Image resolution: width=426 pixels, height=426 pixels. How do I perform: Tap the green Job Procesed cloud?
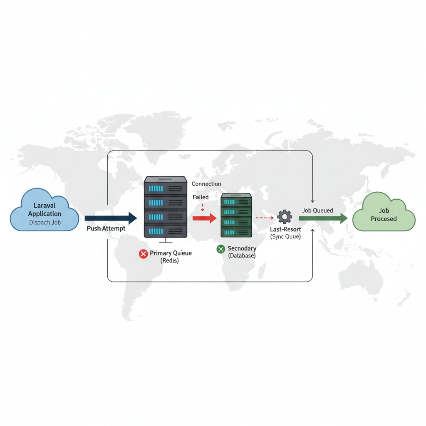[x=384, y=212]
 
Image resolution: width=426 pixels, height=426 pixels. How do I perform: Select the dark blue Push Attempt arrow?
[x=111, y=218]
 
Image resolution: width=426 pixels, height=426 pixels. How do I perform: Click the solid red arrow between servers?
[x=204, y=217]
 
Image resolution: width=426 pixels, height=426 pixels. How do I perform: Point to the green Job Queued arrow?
[x=323, y=218]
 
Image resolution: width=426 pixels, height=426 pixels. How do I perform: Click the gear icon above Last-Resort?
[x=285, y=217]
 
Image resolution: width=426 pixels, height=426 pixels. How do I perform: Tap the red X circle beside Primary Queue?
[x=143, y=254]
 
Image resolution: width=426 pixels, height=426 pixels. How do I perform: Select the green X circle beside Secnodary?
[x=220, y=249]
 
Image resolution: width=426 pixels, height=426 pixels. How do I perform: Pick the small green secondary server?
[x=236, y=215]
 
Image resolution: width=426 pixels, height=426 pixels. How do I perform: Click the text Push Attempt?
[x=106, y=228]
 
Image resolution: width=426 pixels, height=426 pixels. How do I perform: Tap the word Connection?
[x=206, y=184]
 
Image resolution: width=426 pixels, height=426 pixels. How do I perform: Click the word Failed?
[x=201, y=197]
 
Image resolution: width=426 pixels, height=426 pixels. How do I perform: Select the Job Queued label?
[x=317, y=211]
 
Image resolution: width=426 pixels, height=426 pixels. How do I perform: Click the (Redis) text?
[x=170, y=260]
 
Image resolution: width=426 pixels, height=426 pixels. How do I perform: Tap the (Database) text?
[x=242, y=256]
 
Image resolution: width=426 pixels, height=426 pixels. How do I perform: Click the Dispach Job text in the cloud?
[x=45, y=223]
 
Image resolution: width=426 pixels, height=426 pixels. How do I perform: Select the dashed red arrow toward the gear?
[x=265, y=218]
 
